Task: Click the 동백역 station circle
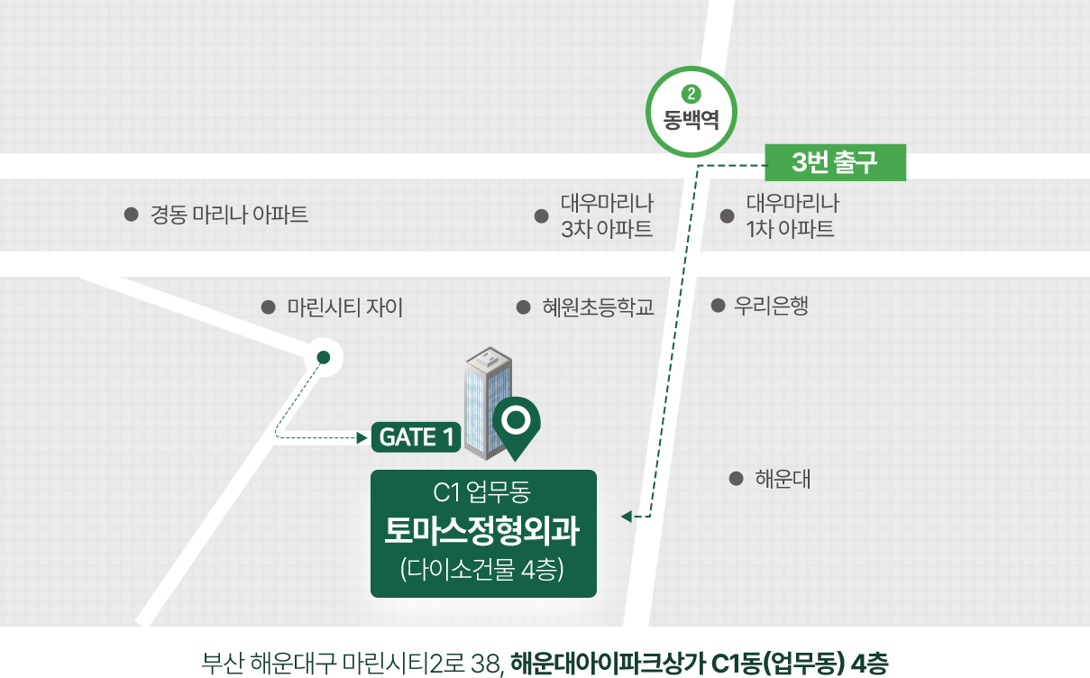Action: coord(691,68)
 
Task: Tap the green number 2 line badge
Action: coord(691,94)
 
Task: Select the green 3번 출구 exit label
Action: coord(835,162)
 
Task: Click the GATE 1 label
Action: coord(416,437)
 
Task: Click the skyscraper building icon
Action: coord(488,403)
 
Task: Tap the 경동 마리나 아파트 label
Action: coord(229,215)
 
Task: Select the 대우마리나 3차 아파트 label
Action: coord(607,216)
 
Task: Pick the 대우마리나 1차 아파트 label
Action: coord(792,216)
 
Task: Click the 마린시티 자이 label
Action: coord(345,307)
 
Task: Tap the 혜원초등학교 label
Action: coord(598,307)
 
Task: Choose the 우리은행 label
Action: coord(771,306)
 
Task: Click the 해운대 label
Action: coord(783,479)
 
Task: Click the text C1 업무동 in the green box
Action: coord(481,491)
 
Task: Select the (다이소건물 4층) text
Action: coord(481,569)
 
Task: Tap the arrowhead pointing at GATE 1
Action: coord(362,438)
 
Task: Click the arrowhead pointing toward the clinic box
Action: coord(627,517)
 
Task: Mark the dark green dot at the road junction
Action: coord(324,358)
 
